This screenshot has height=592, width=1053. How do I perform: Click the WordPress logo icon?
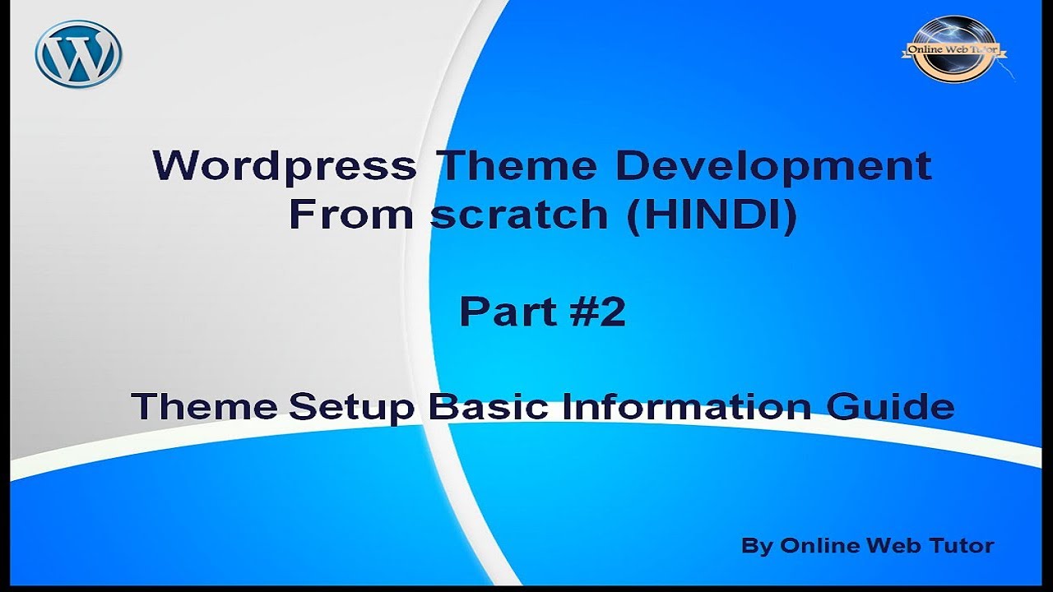pos(78,54)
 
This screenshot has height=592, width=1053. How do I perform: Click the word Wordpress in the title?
pos(284,166)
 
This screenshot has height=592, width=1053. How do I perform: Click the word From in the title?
pos(353,215)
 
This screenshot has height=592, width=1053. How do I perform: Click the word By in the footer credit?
pos(756,546)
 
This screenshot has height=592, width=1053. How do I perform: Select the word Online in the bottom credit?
pos(815,545)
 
